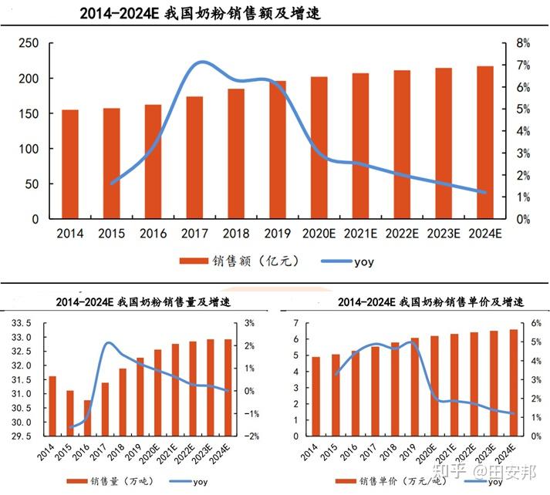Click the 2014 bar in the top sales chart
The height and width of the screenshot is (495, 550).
(x=70, y=164)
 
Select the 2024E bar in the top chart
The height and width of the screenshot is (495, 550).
(x=485, y=143)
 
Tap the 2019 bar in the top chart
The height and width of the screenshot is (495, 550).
(x=278, y=150)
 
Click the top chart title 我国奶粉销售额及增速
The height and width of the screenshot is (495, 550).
(x=200, y=14)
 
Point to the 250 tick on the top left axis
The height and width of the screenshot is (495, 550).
(x=29, y=43)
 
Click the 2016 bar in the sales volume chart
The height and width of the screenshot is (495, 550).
(x=88, y=419)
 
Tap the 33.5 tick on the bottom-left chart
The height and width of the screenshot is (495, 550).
(x=20, y=323)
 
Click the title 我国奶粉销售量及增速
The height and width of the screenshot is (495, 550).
(x=143, y=302)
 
